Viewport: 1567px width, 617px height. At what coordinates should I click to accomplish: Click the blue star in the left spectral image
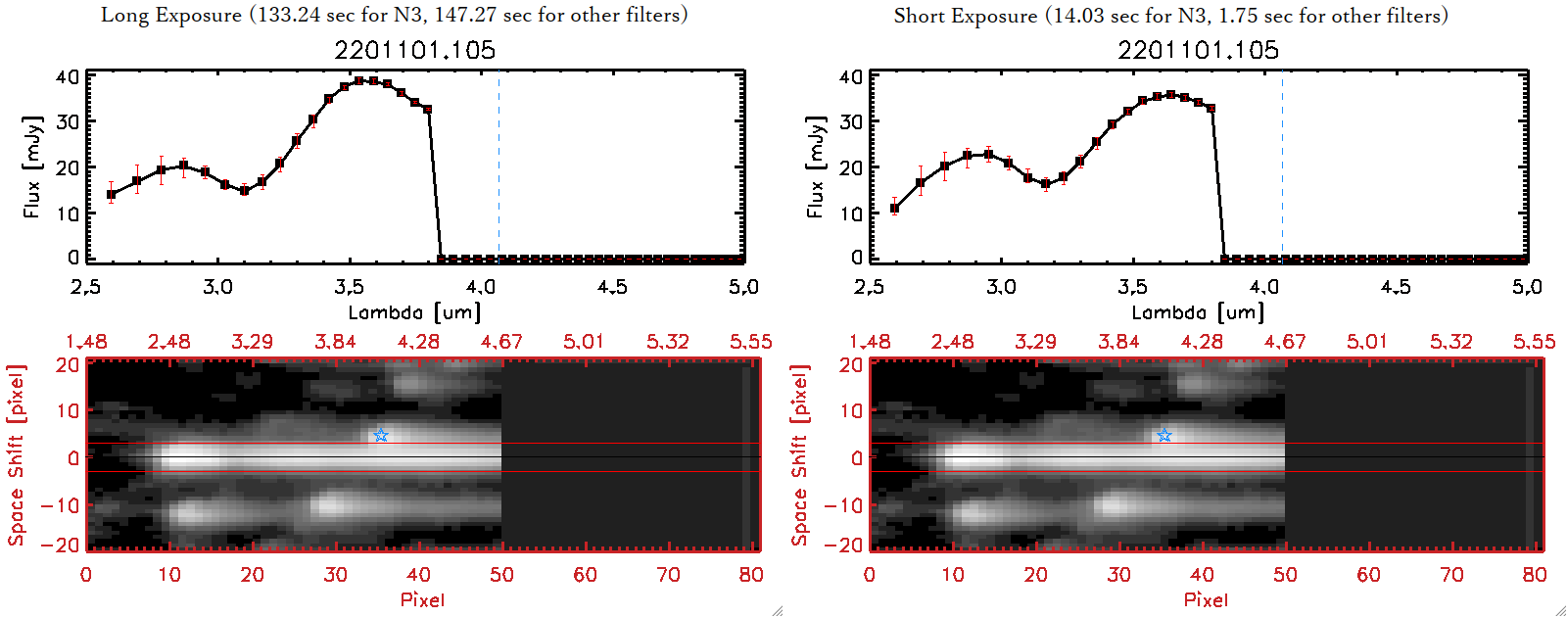tap(381, 435)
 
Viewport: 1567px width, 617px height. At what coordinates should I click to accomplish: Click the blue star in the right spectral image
tap(1164, 435)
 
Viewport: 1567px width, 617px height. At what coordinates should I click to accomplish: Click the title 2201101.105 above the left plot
tap(414, 50)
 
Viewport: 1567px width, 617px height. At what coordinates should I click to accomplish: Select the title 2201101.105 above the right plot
tap(1198, 50)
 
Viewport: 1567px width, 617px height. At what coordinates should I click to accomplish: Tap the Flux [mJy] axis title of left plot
tap(32, 166)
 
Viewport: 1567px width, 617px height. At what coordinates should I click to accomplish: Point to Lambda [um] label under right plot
tap(1198, 312)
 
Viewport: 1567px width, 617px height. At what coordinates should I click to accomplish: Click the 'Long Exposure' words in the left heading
tap(171, 15)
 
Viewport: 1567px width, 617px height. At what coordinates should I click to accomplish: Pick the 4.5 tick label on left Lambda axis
tap(612, 287)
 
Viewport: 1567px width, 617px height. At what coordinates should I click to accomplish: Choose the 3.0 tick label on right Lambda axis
tap(1001, 287)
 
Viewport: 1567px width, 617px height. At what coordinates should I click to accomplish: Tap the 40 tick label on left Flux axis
tap(68, 76)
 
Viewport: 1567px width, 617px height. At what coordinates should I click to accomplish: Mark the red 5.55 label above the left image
tap(750, 342)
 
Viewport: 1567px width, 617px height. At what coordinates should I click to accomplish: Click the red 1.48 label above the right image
tap(870, 342)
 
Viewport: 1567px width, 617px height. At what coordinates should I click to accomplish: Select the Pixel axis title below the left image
tap(422, 599)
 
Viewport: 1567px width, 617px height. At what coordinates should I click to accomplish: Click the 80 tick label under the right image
tap(1535, 575)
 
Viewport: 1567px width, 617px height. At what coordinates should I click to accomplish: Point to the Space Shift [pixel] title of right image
tap(800, 454)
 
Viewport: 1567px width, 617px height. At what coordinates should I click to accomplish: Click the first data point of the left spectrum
tap(112, 194)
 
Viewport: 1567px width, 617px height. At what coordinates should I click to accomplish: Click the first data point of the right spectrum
tap(894, 208)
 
